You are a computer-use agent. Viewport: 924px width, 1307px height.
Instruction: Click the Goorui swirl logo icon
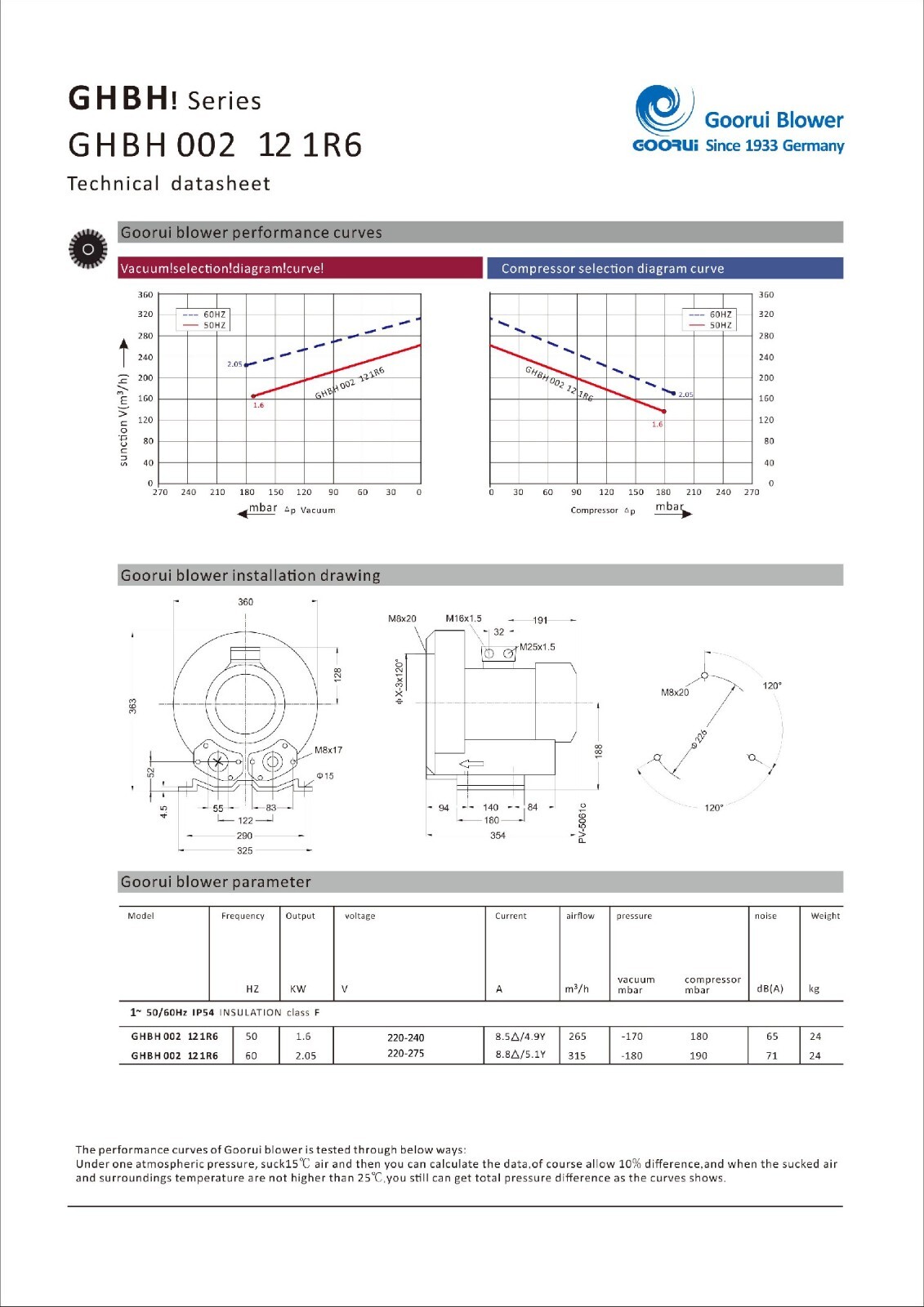tap(665, 111)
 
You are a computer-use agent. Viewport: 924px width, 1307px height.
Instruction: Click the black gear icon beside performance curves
tap(88, 249)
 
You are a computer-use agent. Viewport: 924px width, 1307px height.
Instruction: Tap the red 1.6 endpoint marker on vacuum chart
tap(252, 396)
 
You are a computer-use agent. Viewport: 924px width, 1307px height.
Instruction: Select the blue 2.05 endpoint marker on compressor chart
tap(673, 393)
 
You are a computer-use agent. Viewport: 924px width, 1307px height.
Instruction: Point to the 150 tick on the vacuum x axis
tap(275, 492)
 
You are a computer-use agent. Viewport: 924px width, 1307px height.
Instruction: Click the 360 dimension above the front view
tap(246, 601)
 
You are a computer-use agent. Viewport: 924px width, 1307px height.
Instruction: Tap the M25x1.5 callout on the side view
tap(537, 646)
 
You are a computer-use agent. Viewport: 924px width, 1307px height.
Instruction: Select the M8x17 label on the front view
tap(328, 750)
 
